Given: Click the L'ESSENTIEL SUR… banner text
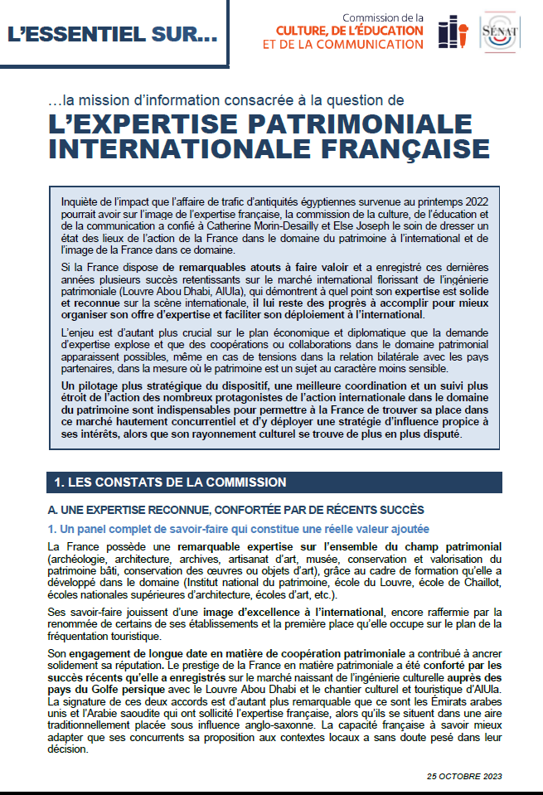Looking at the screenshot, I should [112, 35].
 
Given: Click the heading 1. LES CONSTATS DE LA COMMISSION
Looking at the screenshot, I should [170, 482].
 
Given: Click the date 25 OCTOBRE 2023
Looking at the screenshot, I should [464, 776].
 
